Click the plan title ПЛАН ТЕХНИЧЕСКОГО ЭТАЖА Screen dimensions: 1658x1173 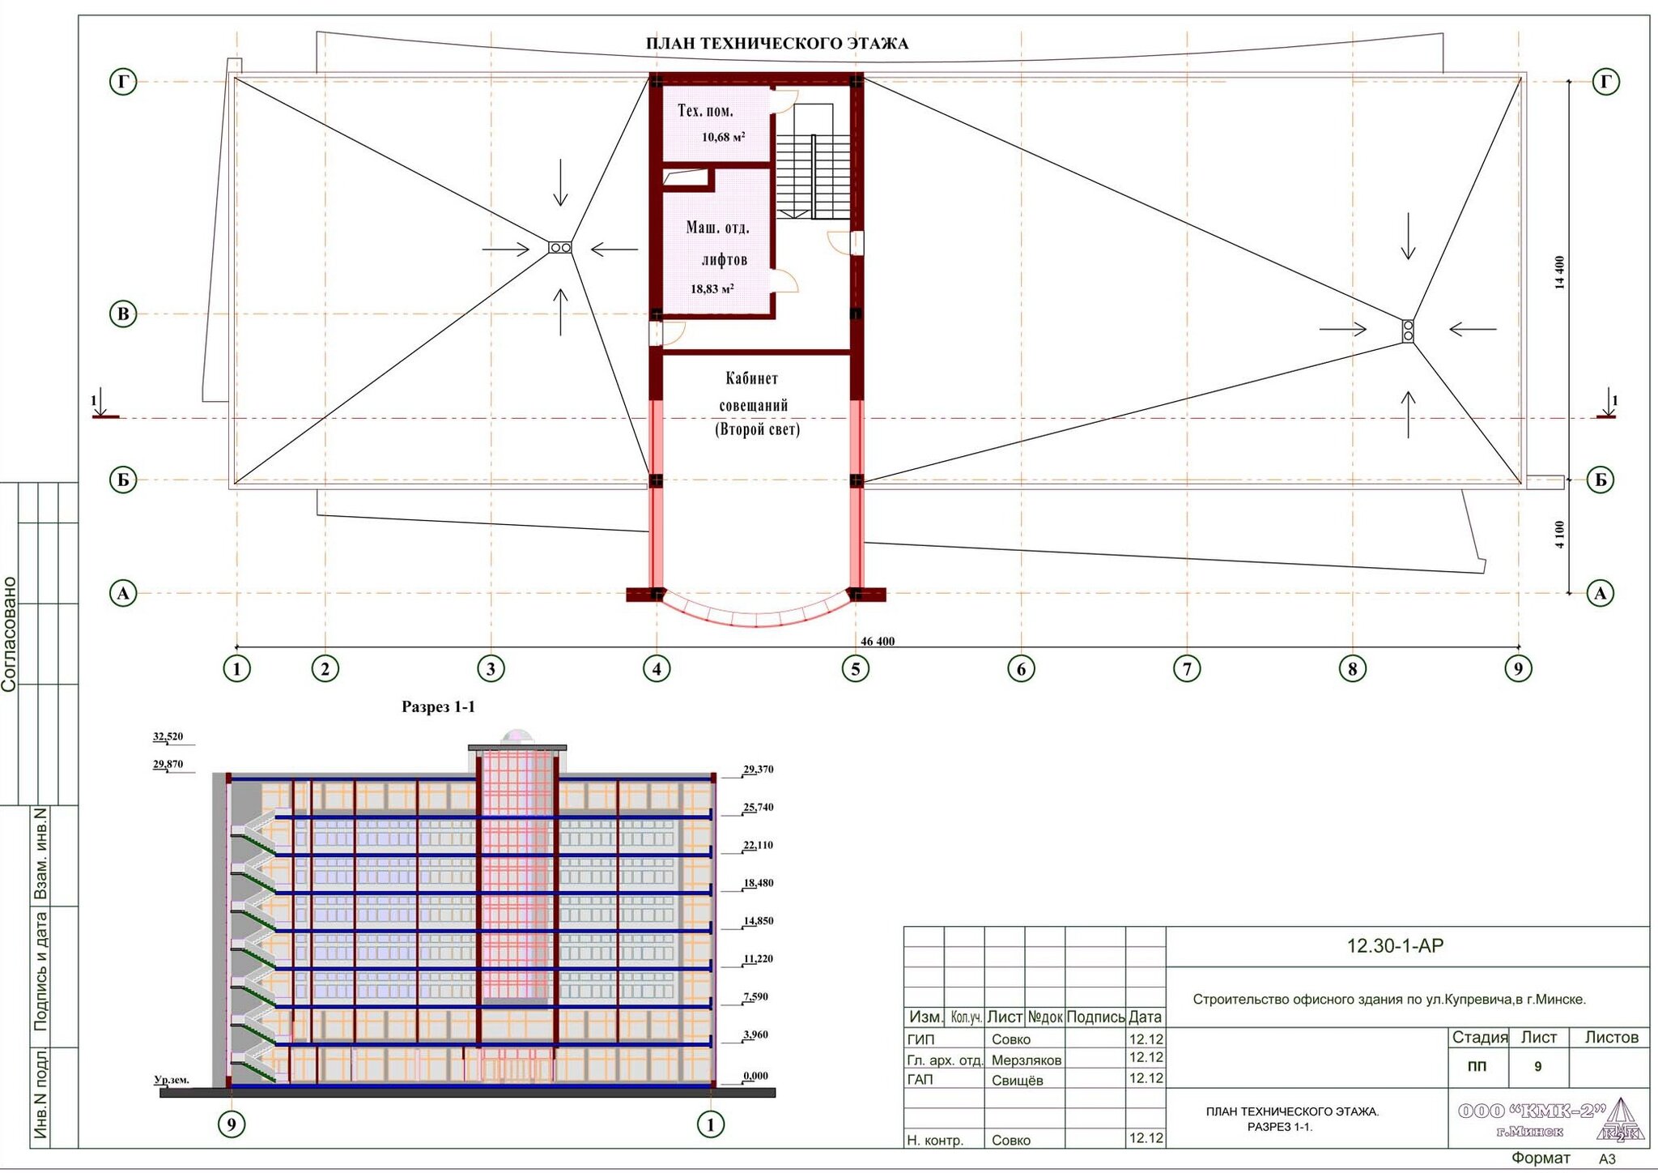click(777, 44)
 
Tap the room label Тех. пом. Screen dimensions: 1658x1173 click(705, 111)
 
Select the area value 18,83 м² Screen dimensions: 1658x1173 click(712, 288)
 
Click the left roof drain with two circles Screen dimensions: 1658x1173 click(560, 247)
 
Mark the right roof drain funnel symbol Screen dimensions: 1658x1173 click(1408, 330)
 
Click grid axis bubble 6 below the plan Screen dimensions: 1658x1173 click(1021, 669)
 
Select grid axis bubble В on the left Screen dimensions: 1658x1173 click(123, 314)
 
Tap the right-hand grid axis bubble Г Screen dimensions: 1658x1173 click(1606, 82)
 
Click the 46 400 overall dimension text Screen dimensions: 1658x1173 click(878, 641)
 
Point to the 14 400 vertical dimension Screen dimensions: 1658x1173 click(1560, 272)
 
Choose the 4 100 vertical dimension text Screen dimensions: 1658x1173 click(1560, 534)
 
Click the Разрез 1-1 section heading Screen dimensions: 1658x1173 click(438, 707)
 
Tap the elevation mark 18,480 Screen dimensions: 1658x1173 click(759, 883)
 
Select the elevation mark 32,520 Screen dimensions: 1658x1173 click(168, 736)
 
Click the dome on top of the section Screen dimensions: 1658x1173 click(517, 738)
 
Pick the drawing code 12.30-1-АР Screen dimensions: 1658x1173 click(1395, 945)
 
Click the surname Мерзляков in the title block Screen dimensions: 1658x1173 click(1027, 1060)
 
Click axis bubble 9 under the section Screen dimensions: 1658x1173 click(232, 1124)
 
